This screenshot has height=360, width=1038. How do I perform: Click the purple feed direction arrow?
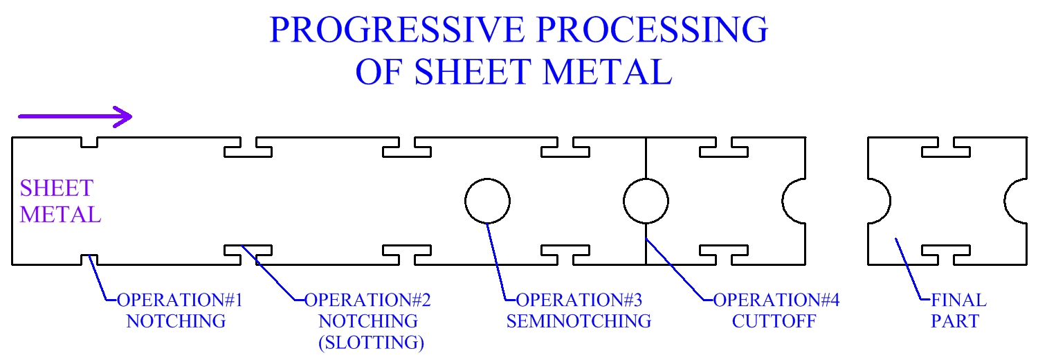point(75,116)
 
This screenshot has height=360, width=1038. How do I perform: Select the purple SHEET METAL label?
point(60,201)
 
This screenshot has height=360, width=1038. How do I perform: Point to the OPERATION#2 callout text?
point(367,300)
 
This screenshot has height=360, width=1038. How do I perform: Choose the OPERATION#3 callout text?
point(579,300)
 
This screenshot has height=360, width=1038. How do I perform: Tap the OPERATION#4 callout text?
point(776,300)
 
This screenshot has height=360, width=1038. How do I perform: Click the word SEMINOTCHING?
point(579,321)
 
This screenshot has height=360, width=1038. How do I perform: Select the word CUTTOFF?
point(776,321)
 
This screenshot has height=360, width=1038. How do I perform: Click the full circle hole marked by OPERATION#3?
point(487,201)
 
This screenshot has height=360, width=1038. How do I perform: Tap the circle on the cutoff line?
point(646,201)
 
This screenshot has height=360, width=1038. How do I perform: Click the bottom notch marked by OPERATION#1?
point(89,260)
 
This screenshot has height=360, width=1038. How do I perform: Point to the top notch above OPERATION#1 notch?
point(89,142)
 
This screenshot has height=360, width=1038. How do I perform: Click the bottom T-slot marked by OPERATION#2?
point(248,253)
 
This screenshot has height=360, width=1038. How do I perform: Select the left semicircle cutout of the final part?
point(877,201)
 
